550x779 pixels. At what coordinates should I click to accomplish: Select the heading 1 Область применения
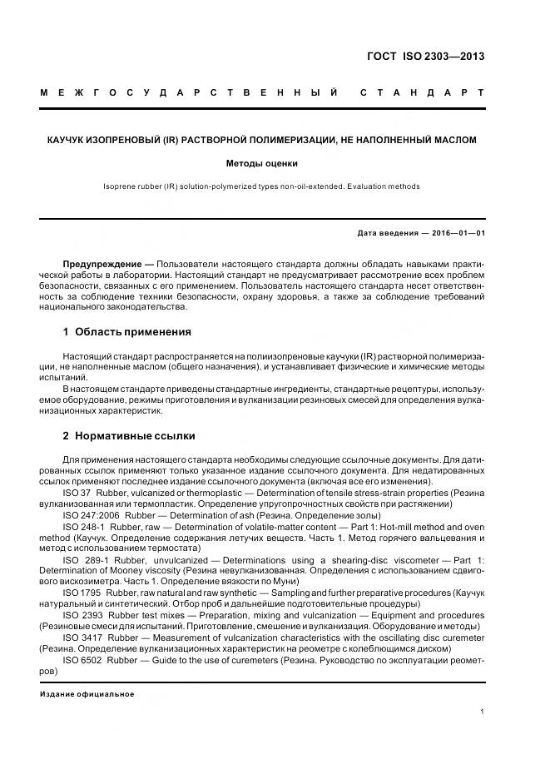click(x=127, y=332)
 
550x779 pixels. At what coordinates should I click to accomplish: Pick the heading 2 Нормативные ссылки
click(x=129, y=435)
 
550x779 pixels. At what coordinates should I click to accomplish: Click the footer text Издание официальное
click(x=87, y=694)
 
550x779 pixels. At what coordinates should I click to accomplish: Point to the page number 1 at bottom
click(x=483, y=712)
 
